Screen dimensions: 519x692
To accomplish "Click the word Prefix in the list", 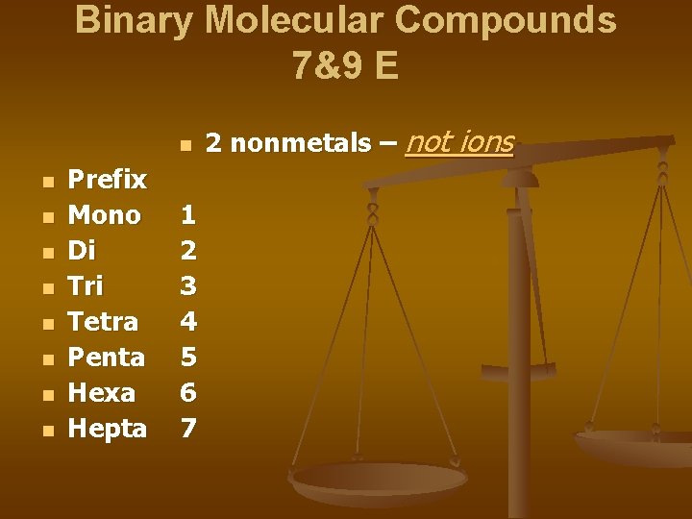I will (x=107, y=180).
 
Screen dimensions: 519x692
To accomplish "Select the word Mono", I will (x=104, y=215).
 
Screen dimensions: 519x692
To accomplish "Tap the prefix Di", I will (x=82, y=251).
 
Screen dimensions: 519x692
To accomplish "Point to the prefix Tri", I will (x=86, y=286).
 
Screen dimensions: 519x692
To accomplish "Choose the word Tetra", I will (x=103, y=322).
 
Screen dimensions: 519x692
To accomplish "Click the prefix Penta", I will (x=106, y=358).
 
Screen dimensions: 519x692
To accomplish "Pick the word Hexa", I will (x=101, y=393).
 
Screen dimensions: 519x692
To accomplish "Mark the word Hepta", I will (x=107, y=429).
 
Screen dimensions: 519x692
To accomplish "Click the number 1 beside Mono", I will (x=189, y=215).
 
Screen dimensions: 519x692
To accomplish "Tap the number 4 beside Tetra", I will (x=189, y=322).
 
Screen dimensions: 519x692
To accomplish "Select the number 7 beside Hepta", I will (x=189, y=429).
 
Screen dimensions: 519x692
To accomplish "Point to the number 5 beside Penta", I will (x=189, y=358).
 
